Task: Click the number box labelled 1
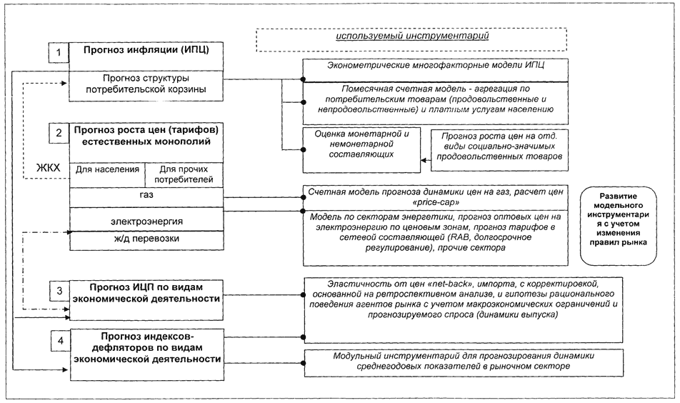click(58, 54)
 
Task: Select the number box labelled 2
click(58, 133)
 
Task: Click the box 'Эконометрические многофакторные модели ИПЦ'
click(436, 67)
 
